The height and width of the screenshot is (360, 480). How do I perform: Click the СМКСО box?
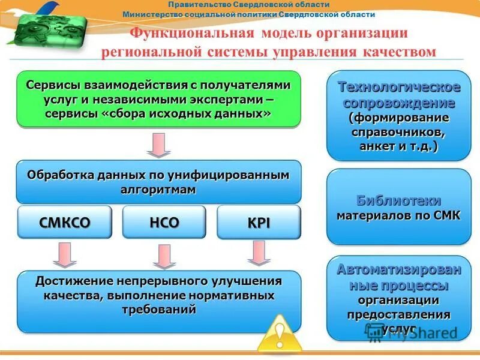[x=65, y=223]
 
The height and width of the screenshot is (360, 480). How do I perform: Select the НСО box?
[x=164, y=223]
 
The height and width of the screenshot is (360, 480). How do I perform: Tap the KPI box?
[x=259, y=223]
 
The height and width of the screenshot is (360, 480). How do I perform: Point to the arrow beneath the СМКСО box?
[x=64, y=254]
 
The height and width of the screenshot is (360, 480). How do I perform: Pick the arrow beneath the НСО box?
[x=164, y=256]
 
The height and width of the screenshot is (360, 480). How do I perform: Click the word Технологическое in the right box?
[x=399, y=87]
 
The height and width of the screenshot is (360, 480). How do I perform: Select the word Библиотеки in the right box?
[x=398, y=200]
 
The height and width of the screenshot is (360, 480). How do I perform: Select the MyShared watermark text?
[x=420, y=332]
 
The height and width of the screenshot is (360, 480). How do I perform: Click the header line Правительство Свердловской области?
[x=248, y=4]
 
